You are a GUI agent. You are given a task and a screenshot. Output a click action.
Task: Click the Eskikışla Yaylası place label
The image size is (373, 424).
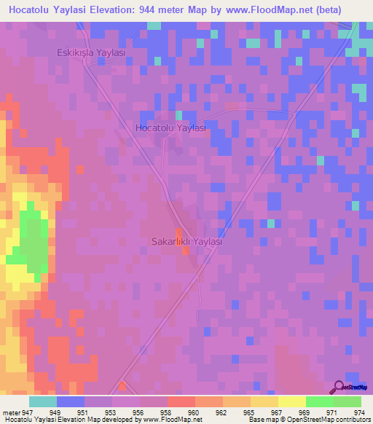[x=92, y=53]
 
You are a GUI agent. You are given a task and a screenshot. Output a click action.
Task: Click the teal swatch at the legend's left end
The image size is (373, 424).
[x=43, y=401]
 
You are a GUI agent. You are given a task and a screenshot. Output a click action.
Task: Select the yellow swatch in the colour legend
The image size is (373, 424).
[x=291, y=401]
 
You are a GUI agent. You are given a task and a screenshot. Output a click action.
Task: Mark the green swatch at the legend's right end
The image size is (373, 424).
[x=347, y=401]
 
